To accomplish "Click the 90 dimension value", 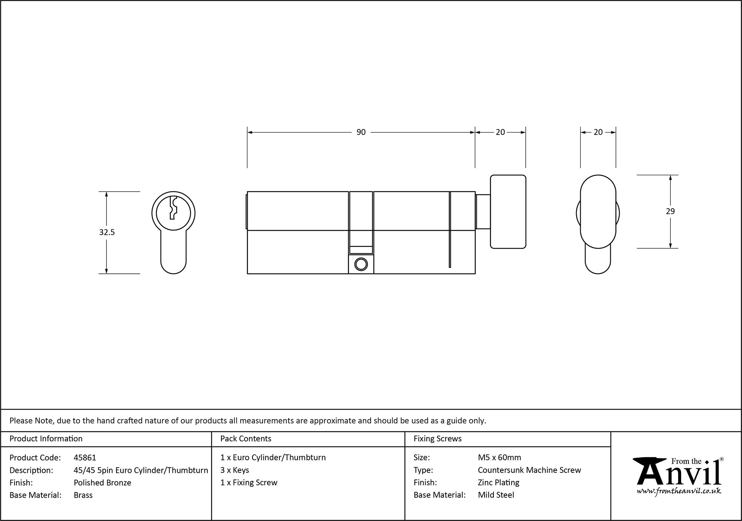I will (361, 132).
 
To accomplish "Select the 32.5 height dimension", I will (107, 232).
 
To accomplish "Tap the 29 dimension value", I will (670, 211).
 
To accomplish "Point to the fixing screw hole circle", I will (361, 265).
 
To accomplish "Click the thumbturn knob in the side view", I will (508, 212).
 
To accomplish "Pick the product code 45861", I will (85, 458).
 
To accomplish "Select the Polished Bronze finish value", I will (102, 482).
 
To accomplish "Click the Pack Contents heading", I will (246, 439).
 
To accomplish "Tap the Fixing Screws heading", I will (437, 439).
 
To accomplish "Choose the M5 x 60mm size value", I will (499, 458).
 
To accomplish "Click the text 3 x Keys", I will (234, 470).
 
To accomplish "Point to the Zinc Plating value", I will (498, 482).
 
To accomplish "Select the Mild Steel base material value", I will (496, 495).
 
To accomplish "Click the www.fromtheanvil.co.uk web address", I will (679, 491).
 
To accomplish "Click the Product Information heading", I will (46, 439).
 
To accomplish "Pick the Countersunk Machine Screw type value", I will (529, 470).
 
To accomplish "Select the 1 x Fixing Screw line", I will (249, 482).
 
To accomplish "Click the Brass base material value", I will (83, 495).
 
